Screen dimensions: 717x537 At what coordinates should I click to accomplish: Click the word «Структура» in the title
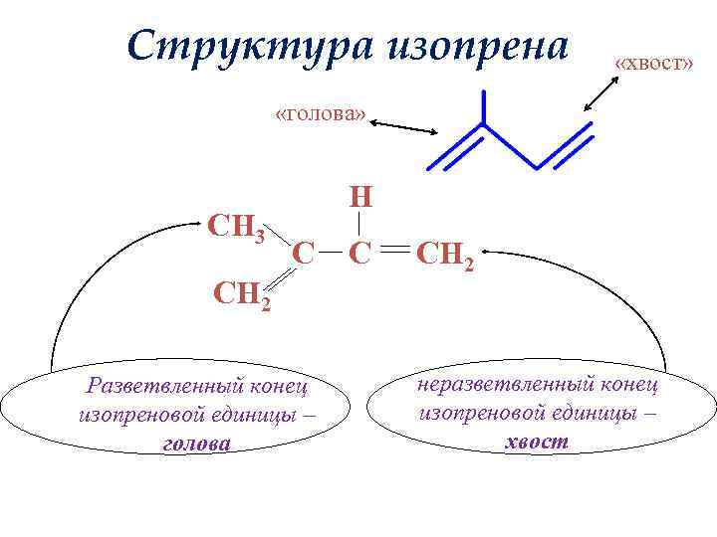pyautogui.click(x=245, y=46)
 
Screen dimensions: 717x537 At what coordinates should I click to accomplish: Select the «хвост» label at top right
pyautogui.click(x=653, y=63)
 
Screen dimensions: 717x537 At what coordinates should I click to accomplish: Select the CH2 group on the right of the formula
pyautogui.click(x=447, y=256)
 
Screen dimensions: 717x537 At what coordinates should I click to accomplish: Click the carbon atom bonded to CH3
pyautogui.click(x=305, y=254)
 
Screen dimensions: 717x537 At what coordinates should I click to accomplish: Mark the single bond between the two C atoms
pyautogui.click(x=332, y=254)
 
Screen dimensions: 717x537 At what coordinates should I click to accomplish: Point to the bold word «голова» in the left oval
pyautogui.click(x=194, y=445)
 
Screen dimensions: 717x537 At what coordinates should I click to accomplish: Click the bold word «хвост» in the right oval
pyautogui.click(x=537, y=441)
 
